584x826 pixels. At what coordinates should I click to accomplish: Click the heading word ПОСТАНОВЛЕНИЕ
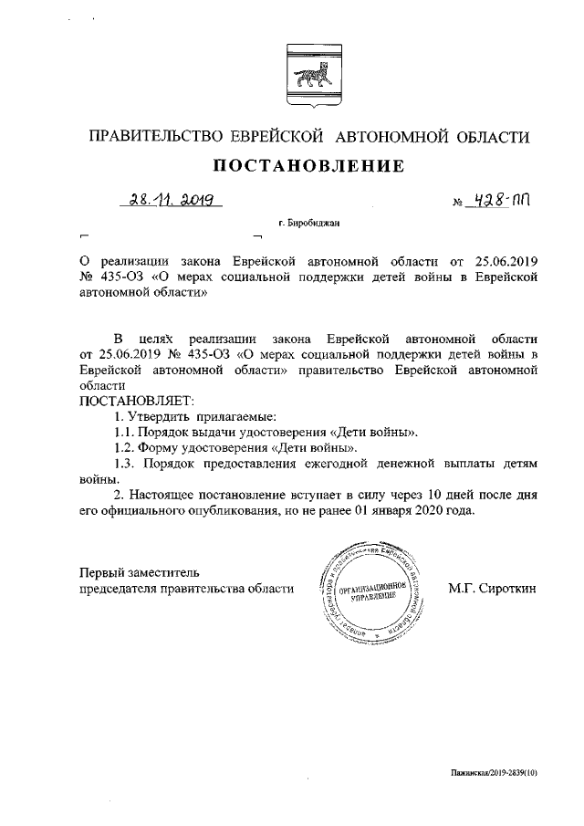308,166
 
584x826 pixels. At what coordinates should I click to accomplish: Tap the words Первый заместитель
135,572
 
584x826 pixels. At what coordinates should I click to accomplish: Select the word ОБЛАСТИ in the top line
488,137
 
